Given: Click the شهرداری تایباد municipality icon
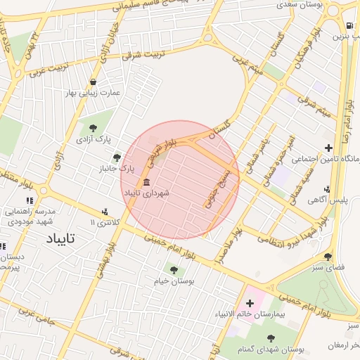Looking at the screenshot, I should coord(146,183).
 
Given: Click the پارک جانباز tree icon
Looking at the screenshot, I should coord(117,157).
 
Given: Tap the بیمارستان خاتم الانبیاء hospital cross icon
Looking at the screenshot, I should coord(250,303).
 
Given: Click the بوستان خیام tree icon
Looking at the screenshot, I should coord(174,269).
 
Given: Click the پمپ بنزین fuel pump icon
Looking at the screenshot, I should coord(349,27).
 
